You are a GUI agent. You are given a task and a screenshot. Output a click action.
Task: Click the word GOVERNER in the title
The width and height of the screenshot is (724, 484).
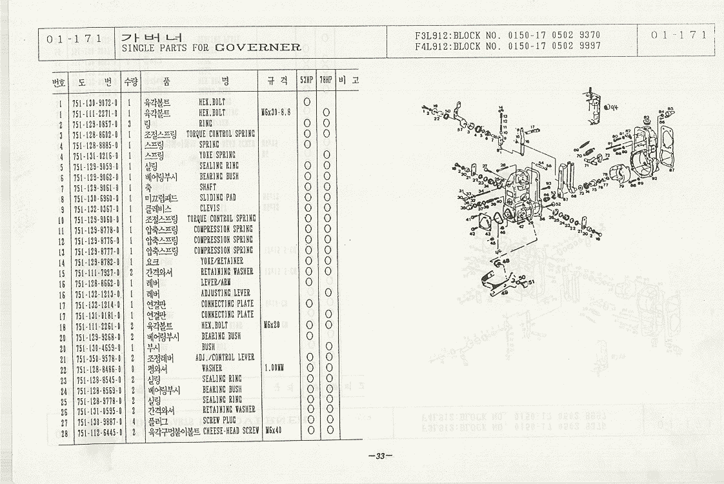pyautogui.click(x=258, y=47)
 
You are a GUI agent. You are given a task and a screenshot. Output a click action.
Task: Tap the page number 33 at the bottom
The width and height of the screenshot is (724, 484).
pyautogui.click(x=380, y=456)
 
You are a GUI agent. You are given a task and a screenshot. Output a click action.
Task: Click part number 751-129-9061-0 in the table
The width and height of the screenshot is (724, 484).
pyautogui.click(x=97, y=187)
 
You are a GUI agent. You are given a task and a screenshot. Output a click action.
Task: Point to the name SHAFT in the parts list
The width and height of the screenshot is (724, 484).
pyautogui.click(x=208, y=187)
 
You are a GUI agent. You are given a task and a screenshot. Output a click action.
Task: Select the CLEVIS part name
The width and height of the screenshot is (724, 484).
pyautogui.click(x=210, y=208)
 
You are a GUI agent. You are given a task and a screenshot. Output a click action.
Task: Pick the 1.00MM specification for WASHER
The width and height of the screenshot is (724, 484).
pyautogui.click(x=274, y=368)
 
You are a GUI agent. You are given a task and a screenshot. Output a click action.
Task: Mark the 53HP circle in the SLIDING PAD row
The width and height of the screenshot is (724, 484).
pyautogui.click(x=307, y=197)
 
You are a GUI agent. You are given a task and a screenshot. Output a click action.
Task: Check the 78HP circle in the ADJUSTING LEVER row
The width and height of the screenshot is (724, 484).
pyautogui.click(x=327, y=293)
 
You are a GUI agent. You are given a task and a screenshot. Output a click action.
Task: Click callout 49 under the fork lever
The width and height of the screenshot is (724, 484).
pyautogui.click(x=503, y=292)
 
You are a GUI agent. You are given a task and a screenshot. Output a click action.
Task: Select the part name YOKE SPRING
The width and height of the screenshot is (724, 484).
pyautogui.click(x=217, y=156)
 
